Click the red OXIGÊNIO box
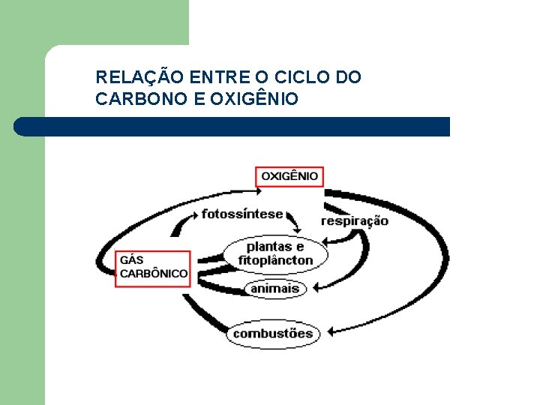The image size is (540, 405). coord(289,176)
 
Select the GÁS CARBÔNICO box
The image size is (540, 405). coord(153,267)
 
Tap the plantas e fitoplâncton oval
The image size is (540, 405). coord(275,253)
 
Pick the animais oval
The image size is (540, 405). coord(274,288)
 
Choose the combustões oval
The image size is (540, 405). coord(272,333)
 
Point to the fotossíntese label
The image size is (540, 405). coord(242,214)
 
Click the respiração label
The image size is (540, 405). coord(355,220)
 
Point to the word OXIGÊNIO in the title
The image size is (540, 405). coord(255,99)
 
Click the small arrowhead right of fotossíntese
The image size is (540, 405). coord(295,227)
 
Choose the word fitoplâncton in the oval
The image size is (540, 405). coord(275,260)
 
